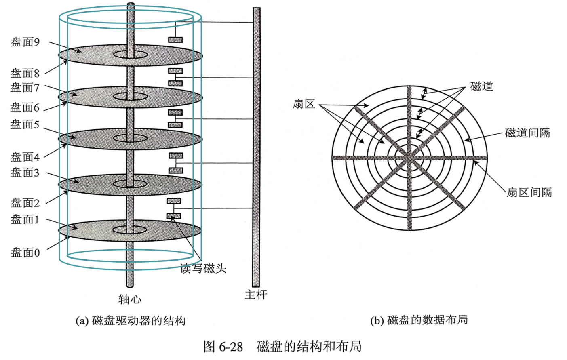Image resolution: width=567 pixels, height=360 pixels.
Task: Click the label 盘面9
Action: tap(25, 42)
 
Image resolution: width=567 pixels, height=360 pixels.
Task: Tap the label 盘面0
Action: tap(25, 253)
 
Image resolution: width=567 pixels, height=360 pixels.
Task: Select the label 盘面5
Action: tap(25, 124)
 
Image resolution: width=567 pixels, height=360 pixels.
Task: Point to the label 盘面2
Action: tap(25, 203)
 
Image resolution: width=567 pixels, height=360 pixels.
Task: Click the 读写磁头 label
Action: tap(203, 268)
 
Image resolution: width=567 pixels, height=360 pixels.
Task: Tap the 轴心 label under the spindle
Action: tap(130, 299)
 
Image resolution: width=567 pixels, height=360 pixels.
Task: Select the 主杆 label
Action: tap(256, 295)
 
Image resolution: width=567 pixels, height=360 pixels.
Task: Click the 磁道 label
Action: tap(482, 86)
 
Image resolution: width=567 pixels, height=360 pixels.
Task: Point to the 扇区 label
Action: tap(304, 104)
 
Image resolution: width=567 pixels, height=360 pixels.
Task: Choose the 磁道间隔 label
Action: tap(527, 133)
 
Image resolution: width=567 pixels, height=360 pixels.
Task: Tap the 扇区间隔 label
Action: tap(529, 192)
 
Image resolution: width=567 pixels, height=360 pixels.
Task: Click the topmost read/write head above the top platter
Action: tap(175, 40)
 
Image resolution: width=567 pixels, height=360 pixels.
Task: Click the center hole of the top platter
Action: tap(131, 54)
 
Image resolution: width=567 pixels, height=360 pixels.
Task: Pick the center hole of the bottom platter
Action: tap(130, 230)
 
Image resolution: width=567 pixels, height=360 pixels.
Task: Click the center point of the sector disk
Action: tap(409, 158)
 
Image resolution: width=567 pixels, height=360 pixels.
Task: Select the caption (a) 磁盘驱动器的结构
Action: tap(131, 321)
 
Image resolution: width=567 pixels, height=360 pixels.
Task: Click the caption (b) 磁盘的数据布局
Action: tap(419, 320)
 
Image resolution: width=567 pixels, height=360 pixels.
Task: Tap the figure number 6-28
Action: tap(231, 347)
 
